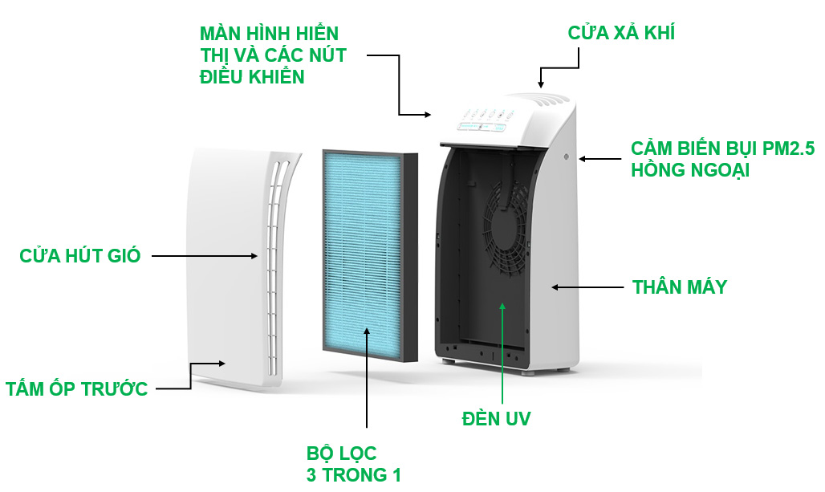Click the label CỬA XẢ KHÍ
click(621, 33)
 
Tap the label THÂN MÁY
click(679, 287)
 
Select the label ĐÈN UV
click(496, 418)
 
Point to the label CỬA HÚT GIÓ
click(80, 256)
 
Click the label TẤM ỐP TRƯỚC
click(77, 389)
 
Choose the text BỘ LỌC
click(341, 453)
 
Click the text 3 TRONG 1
click(353, 474)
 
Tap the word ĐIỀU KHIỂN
click(252, 77)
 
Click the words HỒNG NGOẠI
click(690, 170)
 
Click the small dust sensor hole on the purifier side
click(567, 157)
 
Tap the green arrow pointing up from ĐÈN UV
click(503, 353)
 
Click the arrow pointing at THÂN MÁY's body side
click(585, 287)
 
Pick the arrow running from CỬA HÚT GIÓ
click(205, 256)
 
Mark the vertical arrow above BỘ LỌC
click(367, 377)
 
